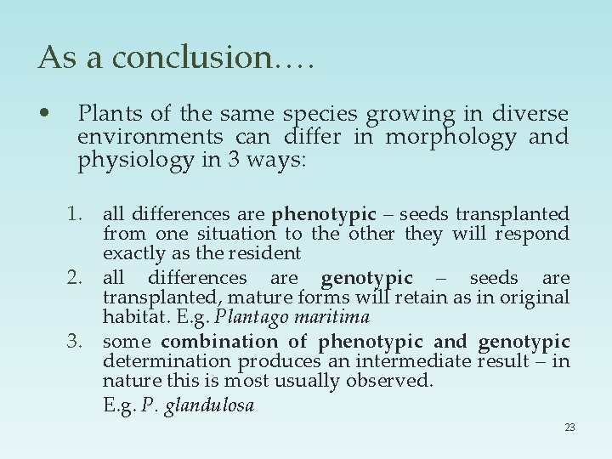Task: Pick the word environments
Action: pyautogui.click(x=150, y=137)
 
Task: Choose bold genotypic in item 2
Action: pyautogui.click(x=367, y=278)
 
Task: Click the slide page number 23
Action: pyautogui.click(x=569, y=428)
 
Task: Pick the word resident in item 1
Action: pyautogui.click(x=270, y=253)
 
